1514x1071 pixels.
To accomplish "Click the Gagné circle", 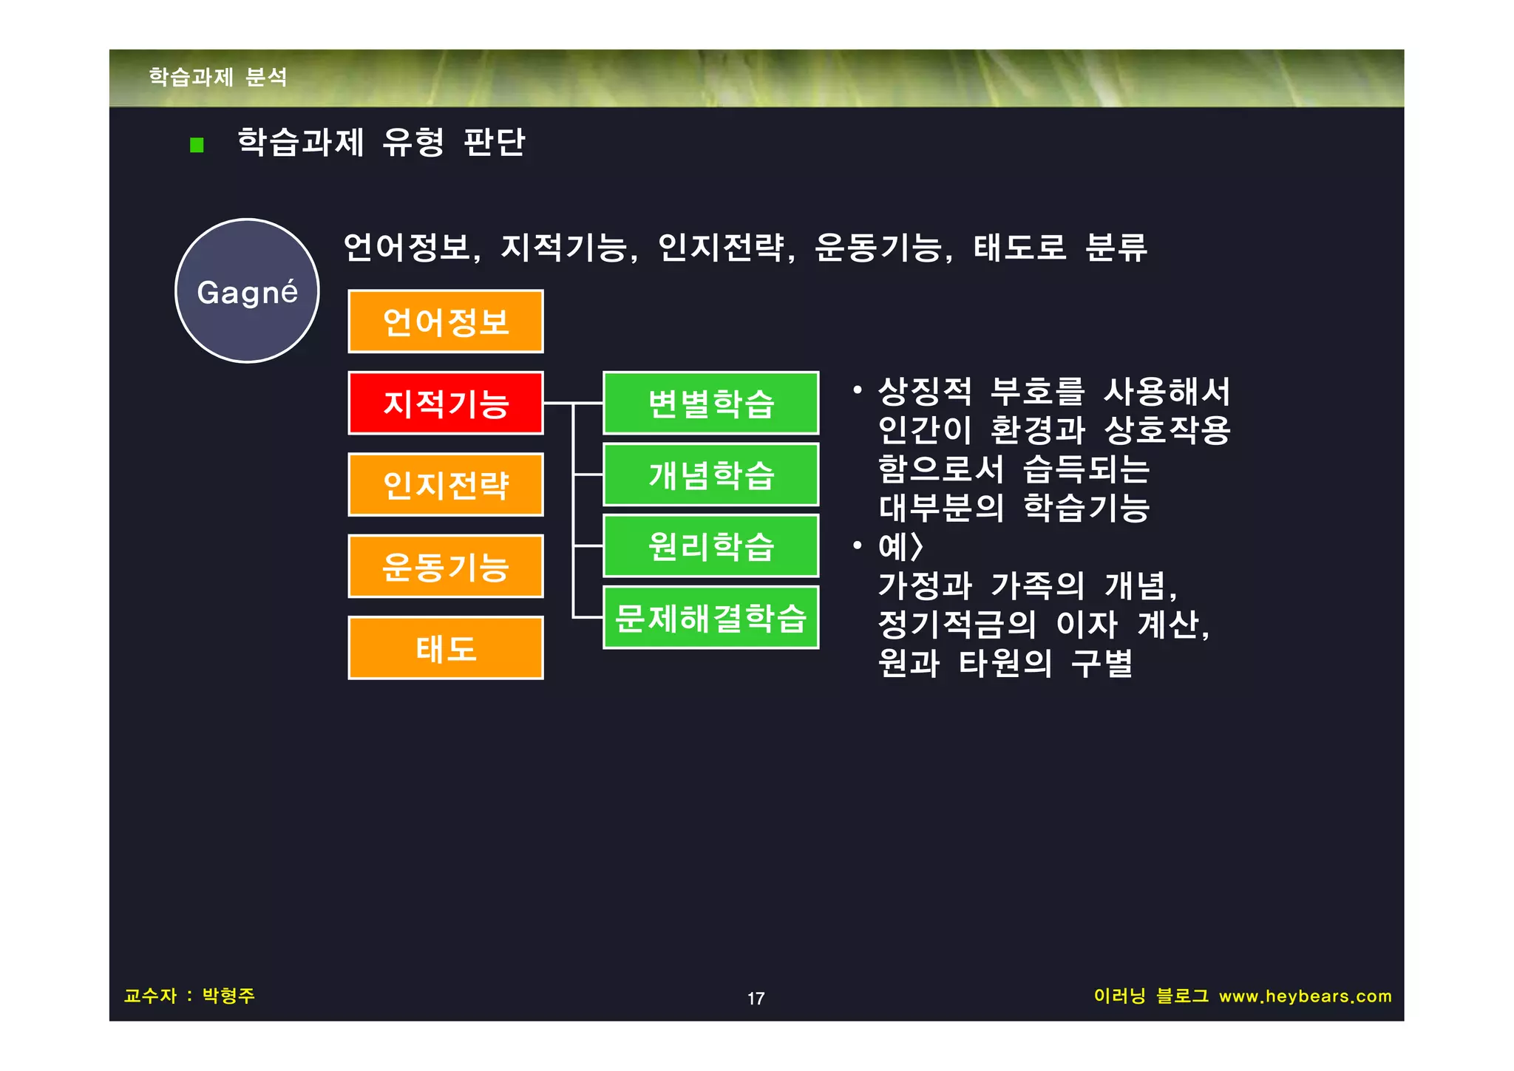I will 247,290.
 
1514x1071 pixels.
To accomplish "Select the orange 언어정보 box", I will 445,322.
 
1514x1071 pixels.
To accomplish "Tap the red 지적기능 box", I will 445,403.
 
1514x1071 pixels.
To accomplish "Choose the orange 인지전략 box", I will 445,485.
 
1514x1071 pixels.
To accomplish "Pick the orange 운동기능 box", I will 445,566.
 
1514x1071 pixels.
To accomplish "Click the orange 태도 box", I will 445,648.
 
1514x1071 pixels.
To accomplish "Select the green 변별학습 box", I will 710,403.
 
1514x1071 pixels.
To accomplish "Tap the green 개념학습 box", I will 710,475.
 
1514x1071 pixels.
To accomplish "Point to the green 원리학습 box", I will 710,546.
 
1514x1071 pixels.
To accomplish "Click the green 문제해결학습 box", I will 710,618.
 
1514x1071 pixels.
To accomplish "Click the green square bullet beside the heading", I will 197,145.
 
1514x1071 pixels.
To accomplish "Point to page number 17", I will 756,999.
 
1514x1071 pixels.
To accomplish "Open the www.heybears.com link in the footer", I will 1305,996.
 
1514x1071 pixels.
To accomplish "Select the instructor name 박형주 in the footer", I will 228,996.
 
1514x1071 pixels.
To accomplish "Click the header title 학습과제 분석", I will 218,77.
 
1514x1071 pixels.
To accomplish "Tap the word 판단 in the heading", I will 494,142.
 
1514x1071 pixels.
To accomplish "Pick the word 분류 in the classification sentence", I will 1116,248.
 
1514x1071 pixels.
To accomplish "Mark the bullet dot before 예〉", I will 857,546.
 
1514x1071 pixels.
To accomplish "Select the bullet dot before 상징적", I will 857,390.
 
